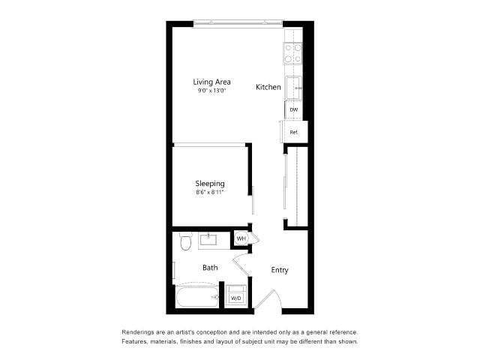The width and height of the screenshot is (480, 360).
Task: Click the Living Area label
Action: (x=211, y=82)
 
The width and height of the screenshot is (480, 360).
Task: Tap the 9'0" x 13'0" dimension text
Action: (x=211, y=91)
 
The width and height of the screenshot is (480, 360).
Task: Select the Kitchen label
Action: (x=268, y=87)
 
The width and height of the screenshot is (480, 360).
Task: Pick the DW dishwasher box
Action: (x=294, y=110)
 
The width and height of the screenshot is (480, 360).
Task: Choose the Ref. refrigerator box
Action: (x=293, y=133)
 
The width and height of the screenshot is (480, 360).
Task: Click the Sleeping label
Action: (x=210, y=184)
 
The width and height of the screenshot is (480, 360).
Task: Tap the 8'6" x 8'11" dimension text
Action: (x=210, y=193)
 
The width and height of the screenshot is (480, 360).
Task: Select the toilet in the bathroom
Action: (x=186, y=241)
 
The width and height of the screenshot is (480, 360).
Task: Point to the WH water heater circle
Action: (x=241, y=238)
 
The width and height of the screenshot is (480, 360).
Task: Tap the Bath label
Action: (x=210, y=267)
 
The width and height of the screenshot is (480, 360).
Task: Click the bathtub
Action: (x=197, y=298)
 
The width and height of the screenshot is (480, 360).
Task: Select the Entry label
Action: (x=279, y=270)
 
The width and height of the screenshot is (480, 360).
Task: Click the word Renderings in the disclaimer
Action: (x=140, y=331)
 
